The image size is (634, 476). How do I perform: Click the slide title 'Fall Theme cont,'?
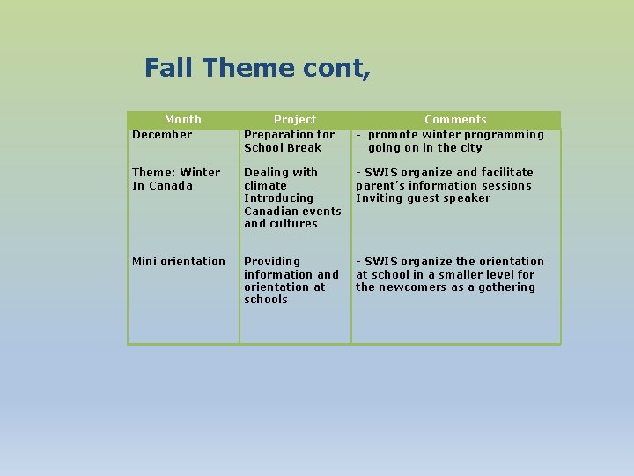click(x=257, y=68)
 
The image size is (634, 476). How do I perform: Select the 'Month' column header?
click(x=183, y=119)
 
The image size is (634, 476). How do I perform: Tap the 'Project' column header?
click(x=295, y=119)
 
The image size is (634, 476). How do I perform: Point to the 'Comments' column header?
click(x=455, y=119)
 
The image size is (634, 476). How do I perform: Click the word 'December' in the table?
click(x=162, y=135)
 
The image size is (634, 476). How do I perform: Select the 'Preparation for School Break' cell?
click(x=289, y=141)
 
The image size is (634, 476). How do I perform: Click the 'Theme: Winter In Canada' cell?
click(x=176, y=179)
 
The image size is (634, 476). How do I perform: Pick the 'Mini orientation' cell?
click(x=179, y=262)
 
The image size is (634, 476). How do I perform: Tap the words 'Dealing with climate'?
click(x=280, y=179)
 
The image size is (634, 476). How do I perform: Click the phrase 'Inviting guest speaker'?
click(x=423, y=198)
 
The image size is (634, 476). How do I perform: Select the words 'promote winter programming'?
click(x=456, y=135)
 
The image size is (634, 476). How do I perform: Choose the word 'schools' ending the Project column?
click(x=266, y=300)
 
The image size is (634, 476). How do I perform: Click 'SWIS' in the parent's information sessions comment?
click(x=380, y=173)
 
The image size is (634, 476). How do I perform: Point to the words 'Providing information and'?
click(x=291, y=268)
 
